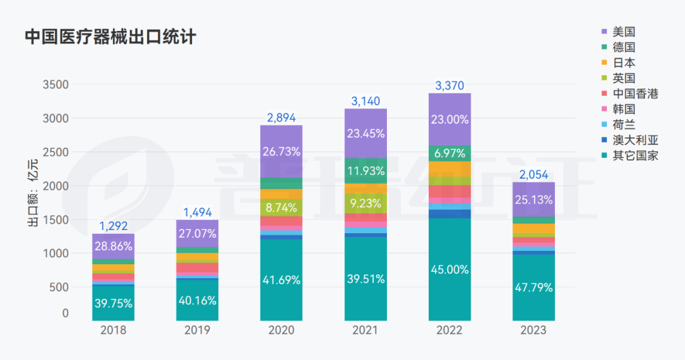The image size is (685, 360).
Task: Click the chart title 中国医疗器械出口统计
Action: click(x=110, y=37)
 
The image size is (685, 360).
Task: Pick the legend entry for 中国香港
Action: click(x=635, y=94)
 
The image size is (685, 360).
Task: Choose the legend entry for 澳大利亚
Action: click(x=635, y=140)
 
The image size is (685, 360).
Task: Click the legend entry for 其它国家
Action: click(x=635, y=156)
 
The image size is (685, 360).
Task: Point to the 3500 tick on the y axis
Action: click(x=56, y=85)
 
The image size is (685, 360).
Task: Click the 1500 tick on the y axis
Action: click(x=56, y=220)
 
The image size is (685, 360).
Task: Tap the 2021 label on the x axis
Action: click(x=365, y=330)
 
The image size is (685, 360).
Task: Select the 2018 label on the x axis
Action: click(x=113, y=330)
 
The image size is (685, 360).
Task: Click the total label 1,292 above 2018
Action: click(x=113, y=226)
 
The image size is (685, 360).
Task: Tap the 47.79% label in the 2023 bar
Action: click(x=533, y=287)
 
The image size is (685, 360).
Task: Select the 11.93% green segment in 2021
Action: click(x=365, y=170)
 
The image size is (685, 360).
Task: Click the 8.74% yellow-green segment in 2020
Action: click(x=281, y=207)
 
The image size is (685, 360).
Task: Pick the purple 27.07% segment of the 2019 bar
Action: click(x=197, y=233)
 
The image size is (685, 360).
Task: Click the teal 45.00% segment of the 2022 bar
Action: click(x=450, y=269)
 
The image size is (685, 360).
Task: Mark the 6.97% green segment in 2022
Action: click(x=450, y=153)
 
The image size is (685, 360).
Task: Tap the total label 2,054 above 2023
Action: click(x=533, y=174)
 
